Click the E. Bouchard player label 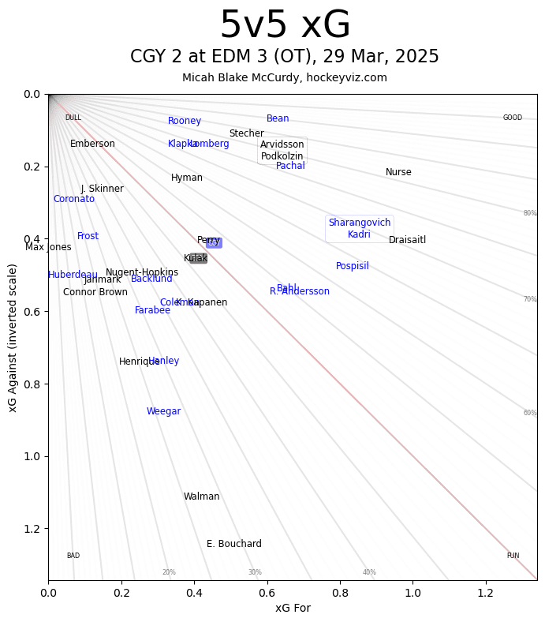(x=234, y=544)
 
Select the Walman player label (x=202, y=496)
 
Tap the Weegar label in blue (x=164, y=411)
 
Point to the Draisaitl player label (x=408, y=240)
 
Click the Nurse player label (x=398, y=172)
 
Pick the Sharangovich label (x=360, y=223)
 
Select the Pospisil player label (x=353, y=266)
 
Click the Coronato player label (x=74, y=199)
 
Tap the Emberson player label (x=92, y=144)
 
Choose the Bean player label (x=278, y=118)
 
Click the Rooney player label (x=185, y=121)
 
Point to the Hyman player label (x=187, y=178)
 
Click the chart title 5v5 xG (x=285, y=25)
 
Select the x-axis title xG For (x=293, y=607)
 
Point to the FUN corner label (x=513, y=556)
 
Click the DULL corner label (x=73, y=118)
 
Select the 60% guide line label (x=530, y=413)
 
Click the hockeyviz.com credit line (x=285, y=77)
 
